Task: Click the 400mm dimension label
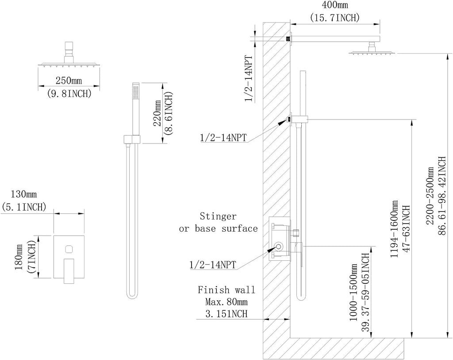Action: [335, 5]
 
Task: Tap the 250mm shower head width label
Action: [69, 80]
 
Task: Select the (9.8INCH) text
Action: [69, 93]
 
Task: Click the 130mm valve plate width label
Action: [24, 194]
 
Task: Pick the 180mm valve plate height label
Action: [19, 257]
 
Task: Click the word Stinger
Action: [218, 216]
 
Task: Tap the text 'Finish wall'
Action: [226, 290]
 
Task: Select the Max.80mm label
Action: [226, 302]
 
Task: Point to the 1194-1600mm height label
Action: [394, 228]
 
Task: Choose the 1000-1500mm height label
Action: [354, 292]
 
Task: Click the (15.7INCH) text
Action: [335, 18]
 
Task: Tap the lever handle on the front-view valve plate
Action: [69, 271]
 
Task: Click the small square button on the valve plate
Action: [69, 249]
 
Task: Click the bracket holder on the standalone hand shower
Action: [132, 139]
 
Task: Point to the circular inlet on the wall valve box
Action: [279, 247]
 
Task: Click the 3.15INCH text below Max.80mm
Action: [226, 314]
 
